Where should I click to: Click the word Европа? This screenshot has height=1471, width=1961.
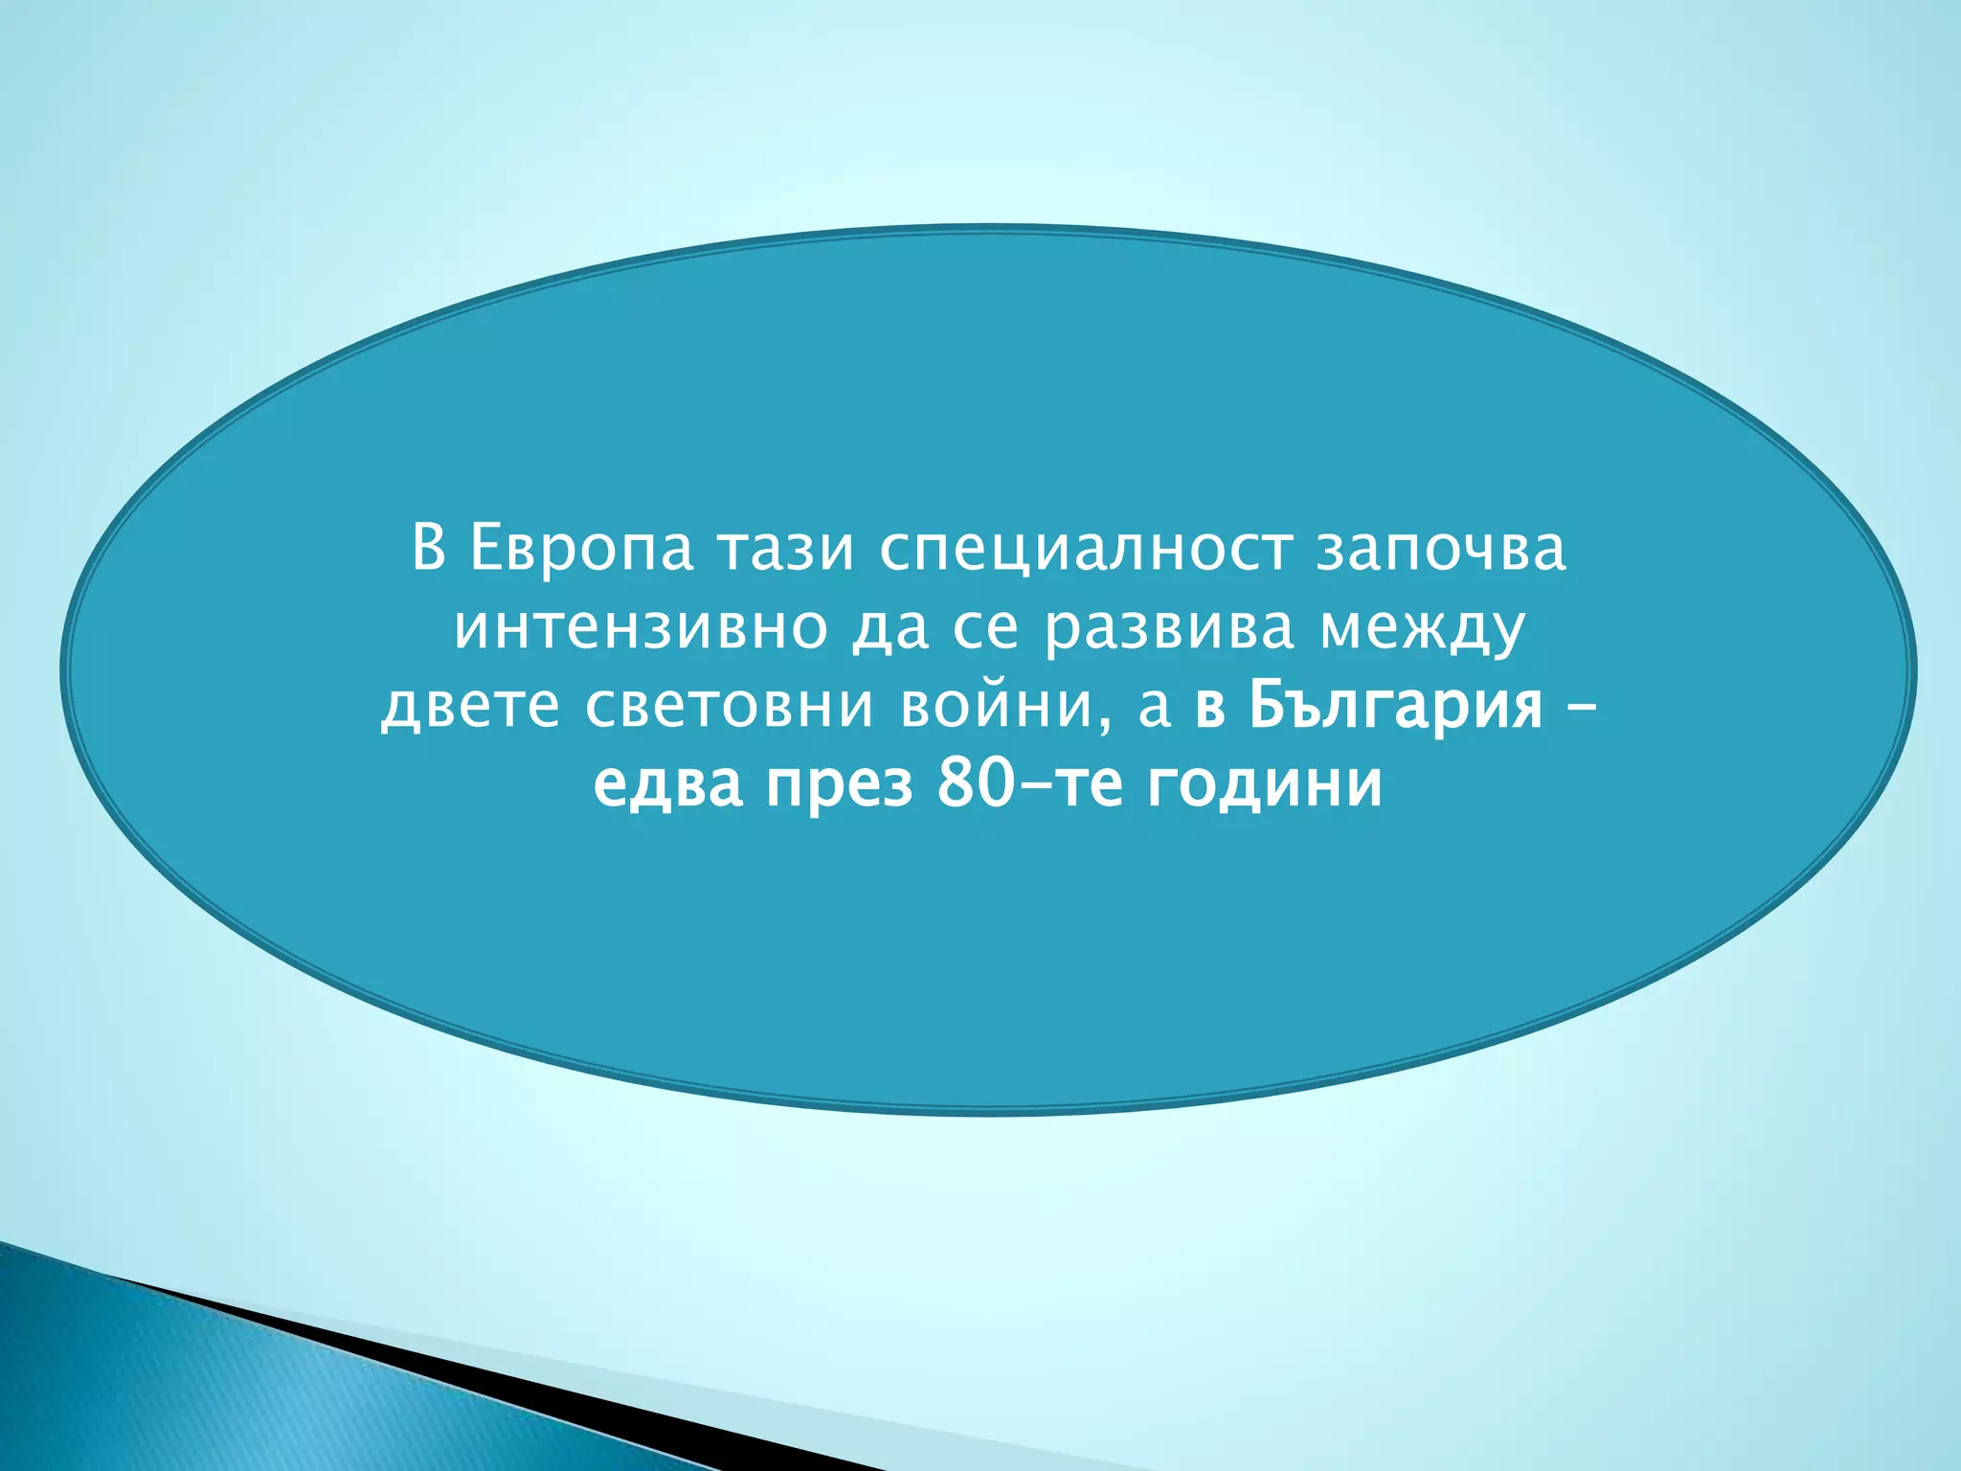point(581,549)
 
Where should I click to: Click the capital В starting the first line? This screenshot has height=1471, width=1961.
point(429,549)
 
